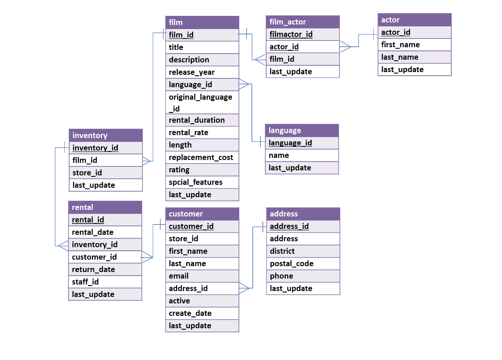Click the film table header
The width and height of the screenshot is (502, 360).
[x=202, y=22]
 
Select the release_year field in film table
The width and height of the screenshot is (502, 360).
[x=192, y=72]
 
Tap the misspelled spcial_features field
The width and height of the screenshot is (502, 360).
[x=195, y=182]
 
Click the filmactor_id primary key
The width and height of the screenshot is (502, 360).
[x=291, y=34]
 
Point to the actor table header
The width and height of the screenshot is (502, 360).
[x=414, y=20]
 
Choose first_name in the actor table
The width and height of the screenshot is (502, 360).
[x=400, y=45]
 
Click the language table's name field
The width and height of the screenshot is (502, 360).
[x=279, y=156]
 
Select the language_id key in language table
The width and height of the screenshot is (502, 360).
[x=290, y=143]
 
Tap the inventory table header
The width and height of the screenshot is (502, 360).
[x=106, y=136]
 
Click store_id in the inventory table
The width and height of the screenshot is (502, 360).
[x=87, y=173]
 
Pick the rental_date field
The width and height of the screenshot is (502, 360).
[x=92, y=232]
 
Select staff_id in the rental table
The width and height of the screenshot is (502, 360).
[x=85, y=282]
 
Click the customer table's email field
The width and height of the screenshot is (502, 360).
[x=179, y=276]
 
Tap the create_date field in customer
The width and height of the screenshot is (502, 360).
[x=190, y=313]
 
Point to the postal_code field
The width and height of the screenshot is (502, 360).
[x=291, y=263]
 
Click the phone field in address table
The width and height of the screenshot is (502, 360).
[x=281, y=276]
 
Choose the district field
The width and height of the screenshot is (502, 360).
[x=282, y=251]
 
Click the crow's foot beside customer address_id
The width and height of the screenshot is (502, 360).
[x=245, y=288]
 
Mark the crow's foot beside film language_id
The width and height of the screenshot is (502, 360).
[x=244, y=84]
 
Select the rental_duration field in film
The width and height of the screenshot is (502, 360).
[x=197, y=120]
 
